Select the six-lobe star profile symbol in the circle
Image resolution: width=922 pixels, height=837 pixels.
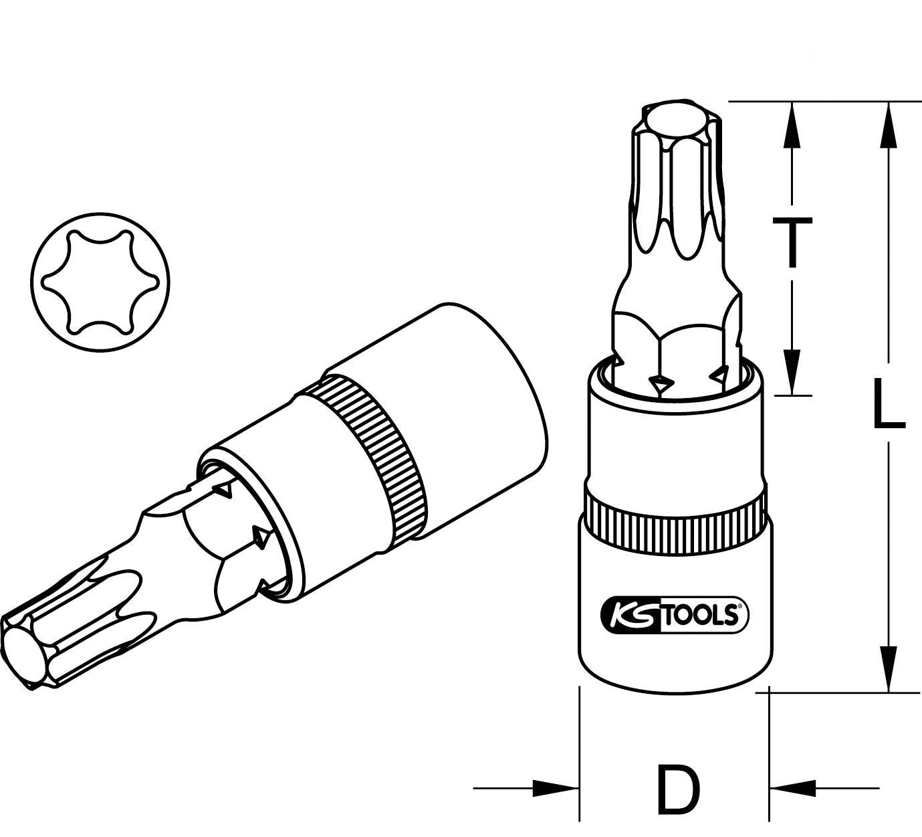tap(100, 282)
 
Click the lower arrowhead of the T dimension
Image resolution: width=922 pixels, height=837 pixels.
tap(792, 372)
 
